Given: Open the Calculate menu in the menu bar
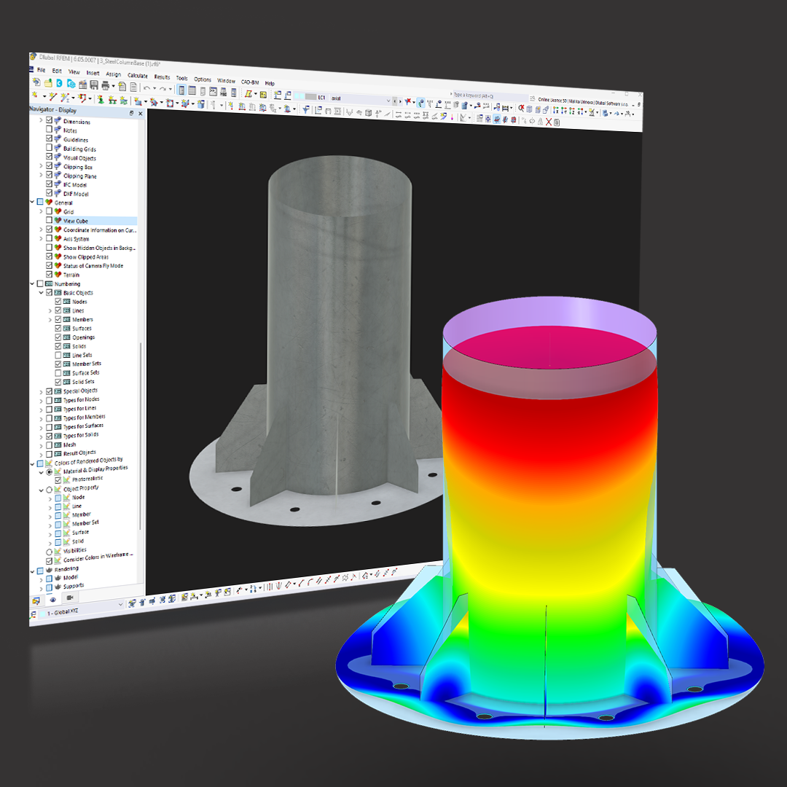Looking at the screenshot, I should point(137,75).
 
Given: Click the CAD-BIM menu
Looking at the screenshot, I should point(250,82).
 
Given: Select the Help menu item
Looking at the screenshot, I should point(270,83).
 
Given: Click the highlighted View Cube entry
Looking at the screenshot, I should point(76,221).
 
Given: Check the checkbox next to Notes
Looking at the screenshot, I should point(50,130).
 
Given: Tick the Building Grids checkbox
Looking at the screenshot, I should point(50,149).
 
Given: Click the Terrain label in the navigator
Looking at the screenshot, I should point(71,275).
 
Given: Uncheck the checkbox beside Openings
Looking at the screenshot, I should point(58,337).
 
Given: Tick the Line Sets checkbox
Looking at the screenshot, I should point(58,355).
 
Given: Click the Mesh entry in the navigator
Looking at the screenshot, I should point(69,445).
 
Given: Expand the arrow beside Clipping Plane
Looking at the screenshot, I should point(41,176).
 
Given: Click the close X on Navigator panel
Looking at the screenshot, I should point(140,113).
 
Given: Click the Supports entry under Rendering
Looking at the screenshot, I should point(73,586).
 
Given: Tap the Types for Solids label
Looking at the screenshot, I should point(80,435).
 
